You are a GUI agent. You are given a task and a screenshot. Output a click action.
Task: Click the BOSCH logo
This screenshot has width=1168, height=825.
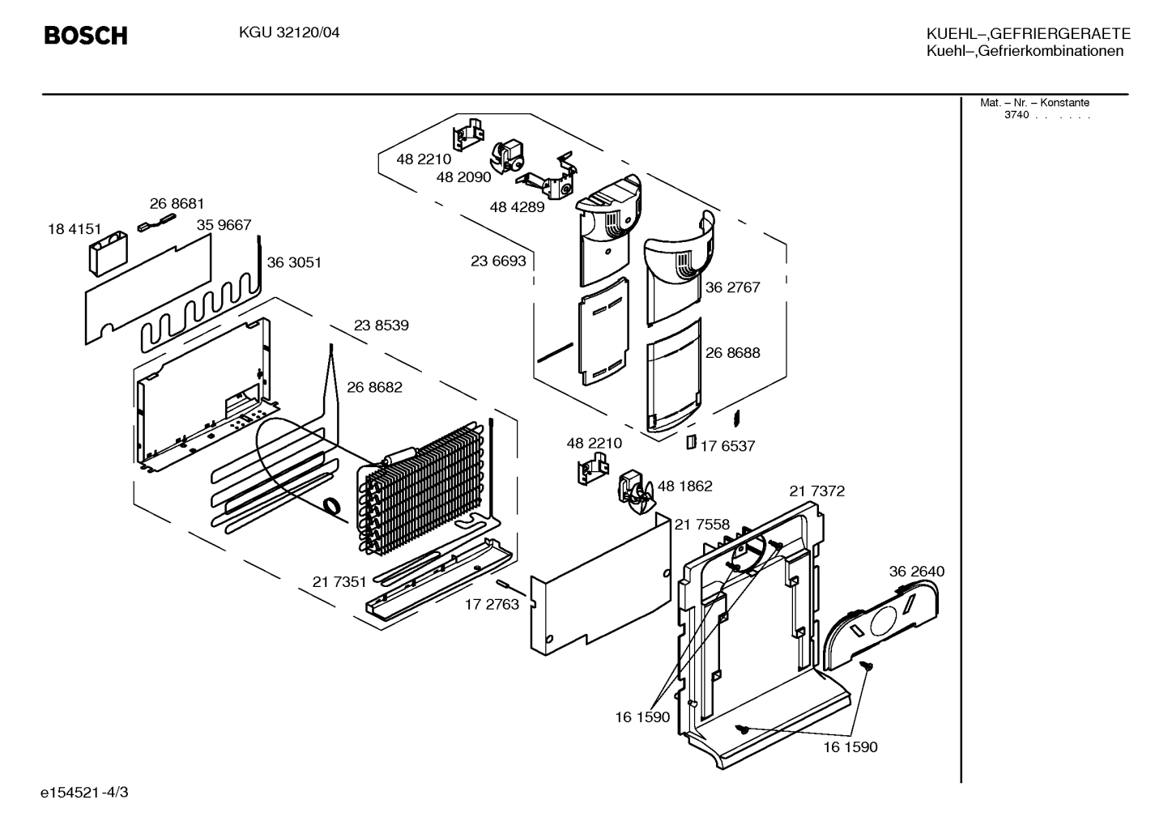pos(86,36)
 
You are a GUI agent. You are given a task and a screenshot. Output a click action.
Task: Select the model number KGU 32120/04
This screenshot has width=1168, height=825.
pos(289,33)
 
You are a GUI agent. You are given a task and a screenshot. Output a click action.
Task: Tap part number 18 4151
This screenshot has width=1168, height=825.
pos(75,229)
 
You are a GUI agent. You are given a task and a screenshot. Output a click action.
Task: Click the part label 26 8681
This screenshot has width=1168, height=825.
pos(177,203)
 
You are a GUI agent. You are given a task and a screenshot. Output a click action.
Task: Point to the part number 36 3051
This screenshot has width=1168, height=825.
pos(294,262)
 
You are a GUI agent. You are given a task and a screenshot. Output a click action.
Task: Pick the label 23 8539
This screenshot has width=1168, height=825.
pos(382,325)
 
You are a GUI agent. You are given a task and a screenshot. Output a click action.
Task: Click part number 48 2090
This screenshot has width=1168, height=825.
pos(463,177)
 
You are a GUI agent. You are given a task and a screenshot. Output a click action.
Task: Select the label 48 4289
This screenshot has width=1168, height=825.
pos(517,207)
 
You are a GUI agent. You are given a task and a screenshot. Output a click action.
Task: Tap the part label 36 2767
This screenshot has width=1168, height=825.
pos(732,287)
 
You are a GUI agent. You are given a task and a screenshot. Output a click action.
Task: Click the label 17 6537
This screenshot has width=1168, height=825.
pos(727,446)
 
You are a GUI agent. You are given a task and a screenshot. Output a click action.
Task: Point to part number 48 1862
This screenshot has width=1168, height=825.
pos(684,487)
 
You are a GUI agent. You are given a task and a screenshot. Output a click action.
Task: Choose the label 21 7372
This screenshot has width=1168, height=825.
pos(816,491)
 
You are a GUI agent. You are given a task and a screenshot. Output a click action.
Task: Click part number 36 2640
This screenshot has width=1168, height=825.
pos(917,572)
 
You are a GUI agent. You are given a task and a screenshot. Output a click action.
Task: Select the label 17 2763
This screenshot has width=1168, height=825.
pos(492,604)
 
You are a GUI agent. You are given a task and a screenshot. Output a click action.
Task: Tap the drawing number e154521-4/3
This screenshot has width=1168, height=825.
pos(84,793)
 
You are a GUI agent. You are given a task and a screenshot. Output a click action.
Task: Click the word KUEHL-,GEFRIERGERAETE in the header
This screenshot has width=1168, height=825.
pos(1028,33)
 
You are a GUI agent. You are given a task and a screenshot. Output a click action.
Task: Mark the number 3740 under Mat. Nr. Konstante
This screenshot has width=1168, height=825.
pos(1017,115)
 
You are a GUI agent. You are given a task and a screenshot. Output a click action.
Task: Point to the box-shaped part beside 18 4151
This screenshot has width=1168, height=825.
pos(109,253)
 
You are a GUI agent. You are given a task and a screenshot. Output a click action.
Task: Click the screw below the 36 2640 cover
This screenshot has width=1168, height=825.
pos(867,665)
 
